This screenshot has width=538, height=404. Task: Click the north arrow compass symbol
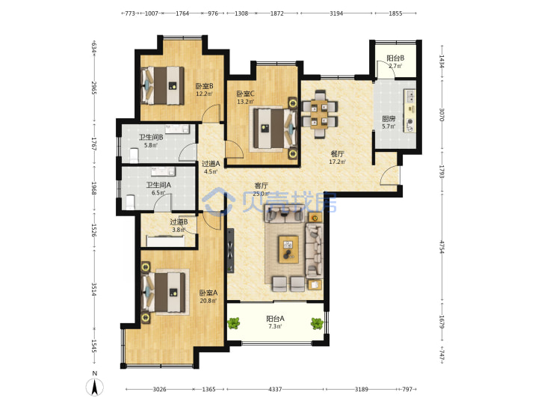(95, 385)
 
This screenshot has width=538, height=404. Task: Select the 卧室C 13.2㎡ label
(245, 97)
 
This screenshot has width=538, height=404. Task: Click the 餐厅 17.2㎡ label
(337, 158)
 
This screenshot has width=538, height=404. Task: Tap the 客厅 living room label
(261, 186)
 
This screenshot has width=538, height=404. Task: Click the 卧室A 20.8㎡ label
(208, 297)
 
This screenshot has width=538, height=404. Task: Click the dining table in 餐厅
(320, 114)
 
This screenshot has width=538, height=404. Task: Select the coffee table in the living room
(288, 249)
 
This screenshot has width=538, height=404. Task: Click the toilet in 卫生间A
(130, 202)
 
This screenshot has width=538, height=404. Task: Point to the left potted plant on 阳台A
(234, 323)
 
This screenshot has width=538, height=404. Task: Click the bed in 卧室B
(162, 85)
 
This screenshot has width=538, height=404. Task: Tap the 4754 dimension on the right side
(442, 247)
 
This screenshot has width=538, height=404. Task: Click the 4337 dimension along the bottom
(275, 389)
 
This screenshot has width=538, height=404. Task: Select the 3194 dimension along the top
(336, 13)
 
